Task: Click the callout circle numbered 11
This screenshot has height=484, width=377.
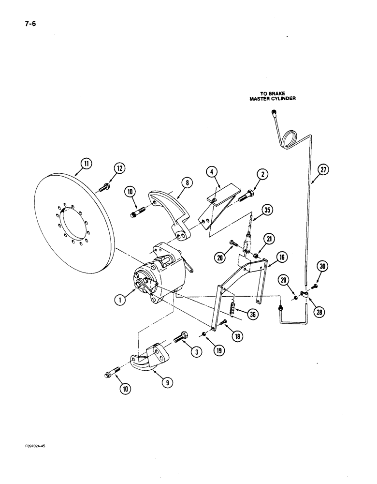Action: tap(85, 164)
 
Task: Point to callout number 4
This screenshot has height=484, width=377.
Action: tap(212, 172)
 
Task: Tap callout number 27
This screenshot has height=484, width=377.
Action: tap(323, 170)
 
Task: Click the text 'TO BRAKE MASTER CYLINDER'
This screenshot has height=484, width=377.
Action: tap(272, 96)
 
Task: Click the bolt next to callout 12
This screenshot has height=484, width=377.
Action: tap(105, 186)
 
